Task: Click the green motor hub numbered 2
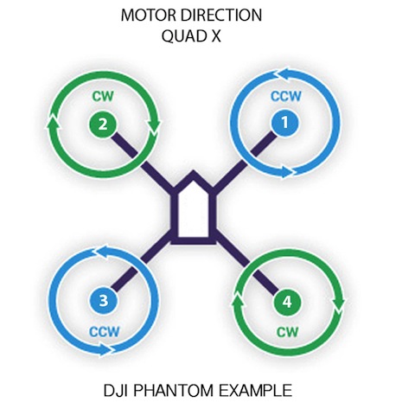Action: tap(103, 125)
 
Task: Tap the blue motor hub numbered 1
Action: tap(284, 123)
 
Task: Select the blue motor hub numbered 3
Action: tap(103, 302)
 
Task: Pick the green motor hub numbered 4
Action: tap(287, 303)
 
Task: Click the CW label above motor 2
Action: tap(103, 96)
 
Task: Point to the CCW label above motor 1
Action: tap(286, 96)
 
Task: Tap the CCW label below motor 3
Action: tap(104, 332)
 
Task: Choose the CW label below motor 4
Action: tap(287, 332)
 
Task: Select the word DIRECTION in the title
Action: tap(223, 16)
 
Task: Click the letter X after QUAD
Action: tap(214, 36)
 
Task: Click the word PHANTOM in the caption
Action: tap(174, 391)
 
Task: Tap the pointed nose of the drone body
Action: tap(194, 172)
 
